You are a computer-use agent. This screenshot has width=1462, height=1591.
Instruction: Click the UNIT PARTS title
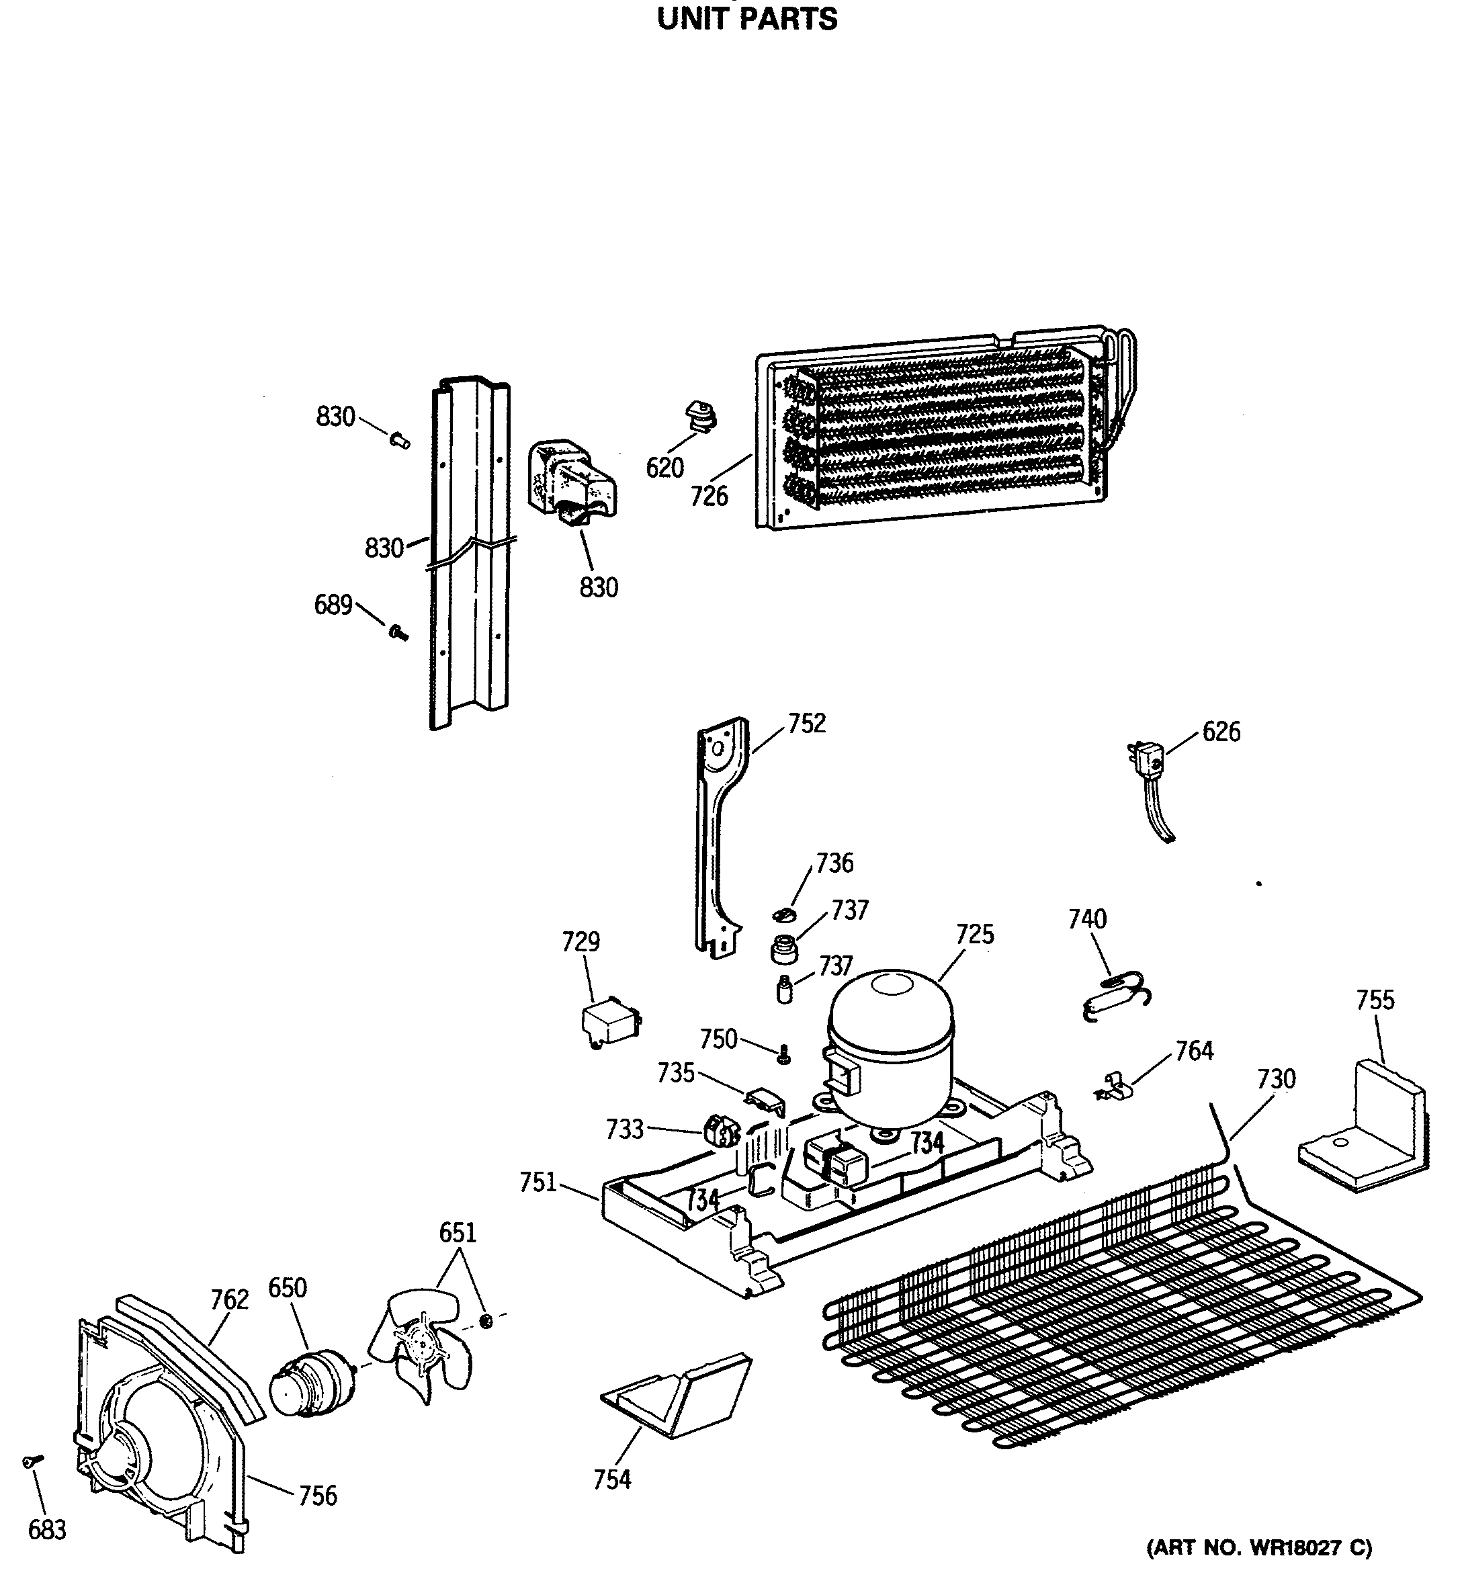tap(747, 19)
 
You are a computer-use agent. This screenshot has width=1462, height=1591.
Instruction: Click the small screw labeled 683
tap(32, 1463)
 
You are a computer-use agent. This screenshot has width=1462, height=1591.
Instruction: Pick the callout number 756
tap(317, 1496)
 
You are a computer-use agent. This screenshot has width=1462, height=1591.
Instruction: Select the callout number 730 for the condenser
tap(1276, 1079)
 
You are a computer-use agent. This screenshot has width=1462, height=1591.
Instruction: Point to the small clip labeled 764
tap(1115, 1087)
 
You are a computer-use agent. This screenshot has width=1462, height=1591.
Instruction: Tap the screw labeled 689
tap(398, 632)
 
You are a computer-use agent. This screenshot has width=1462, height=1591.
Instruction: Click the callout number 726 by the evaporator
tap(709, 496)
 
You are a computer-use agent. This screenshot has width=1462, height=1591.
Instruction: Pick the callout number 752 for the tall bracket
tap(806, 723)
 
